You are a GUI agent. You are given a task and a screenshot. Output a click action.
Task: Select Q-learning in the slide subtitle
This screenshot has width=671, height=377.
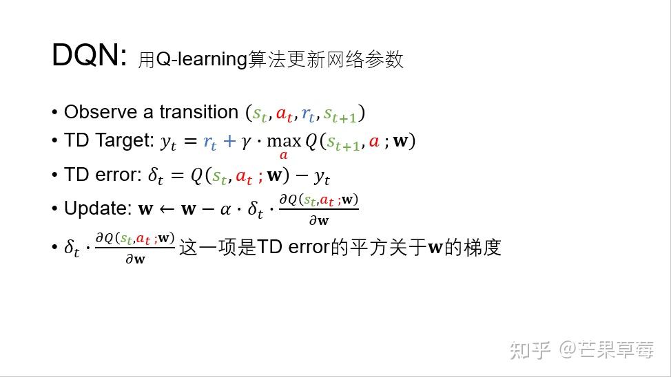pos(201,60)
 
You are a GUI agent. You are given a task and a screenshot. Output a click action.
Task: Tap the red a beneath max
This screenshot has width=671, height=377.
pos(283,156)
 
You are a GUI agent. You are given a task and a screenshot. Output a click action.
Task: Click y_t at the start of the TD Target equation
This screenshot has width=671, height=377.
pos(169,142)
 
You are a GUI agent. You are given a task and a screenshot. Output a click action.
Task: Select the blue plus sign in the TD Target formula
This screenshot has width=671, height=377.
pos(229,142)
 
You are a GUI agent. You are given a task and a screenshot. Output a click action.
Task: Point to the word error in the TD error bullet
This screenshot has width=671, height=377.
pos(116,175)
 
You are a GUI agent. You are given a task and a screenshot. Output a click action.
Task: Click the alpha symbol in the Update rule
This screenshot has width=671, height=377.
pos(225,209)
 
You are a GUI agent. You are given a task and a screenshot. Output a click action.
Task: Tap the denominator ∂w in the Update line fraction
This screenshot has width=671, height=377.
pos(318,221)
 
